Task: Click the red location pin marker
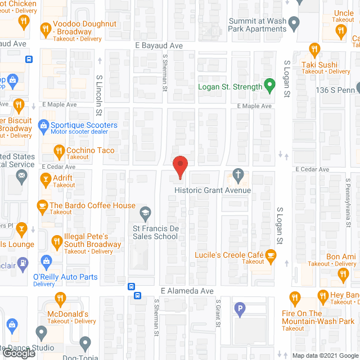point(179,167)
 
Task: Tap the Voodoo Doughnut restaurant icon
point(45,28)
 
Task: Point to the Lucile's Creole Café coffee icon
point(271,258)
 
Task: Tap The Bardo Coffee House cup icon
point(42,206)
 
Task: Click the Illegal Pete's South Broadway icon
point(56,243)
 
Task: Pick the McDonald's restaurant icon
point(60,299)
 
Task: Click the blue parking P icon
point(240,308)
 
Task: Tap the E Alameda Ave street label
point(187,291)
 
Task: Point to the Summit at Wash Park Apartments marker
point(294,25)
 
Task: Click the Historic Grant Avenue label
point(213,191)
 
